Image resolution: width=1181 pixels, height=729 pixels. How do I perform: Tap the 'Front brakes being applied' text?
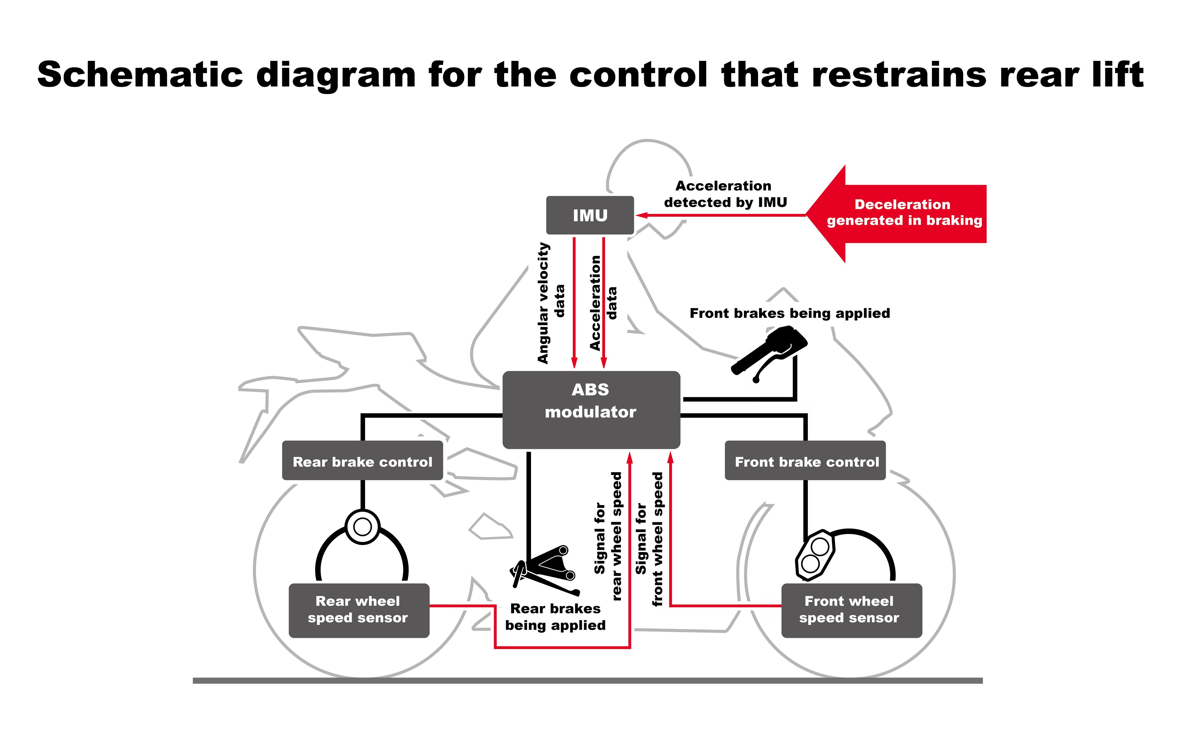(x=789, y=313)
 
